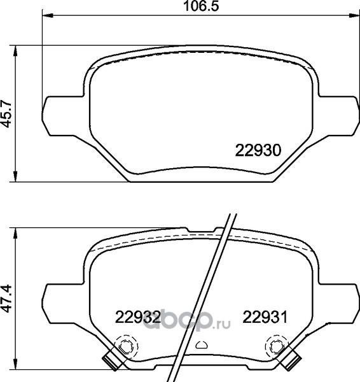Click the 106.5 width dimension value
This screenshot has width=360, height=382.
tap(201, 6)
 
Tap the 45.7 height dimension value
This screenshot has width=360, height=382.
tap(6, 113)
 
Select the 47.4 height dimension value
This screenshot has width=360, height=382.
tap(6, 299)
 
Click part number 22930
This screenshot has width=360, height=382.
tap(258, 150)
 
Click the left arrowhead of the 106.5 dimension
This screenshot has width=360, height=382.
tap(48, 15)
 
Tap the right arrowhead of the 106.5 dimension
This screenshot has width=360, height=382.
tap(354, 15)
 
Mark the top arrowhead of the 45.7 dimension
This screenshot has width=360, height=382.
tap(15, 51)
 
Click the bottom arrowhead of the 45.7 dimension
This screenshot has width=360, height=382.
tap(15, 176)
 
